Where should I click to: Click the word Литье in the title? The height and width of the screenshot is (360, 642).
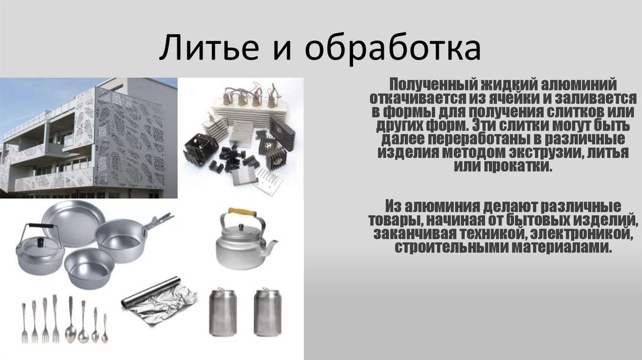pyautogui.click(x=209, y=48)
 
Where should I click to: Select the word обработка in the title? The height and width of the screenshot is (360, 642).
pyautogui.click(x=392, y=48)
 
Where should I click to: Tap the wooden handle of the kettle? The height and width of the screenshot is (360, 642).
pyautogui.click(x=242, y=212)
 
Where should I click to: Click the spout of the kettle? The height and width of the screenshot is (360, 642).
pyautogui.click(x=271, y=246)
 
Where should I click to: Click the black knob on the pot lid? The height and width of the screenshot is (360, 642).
pyautogui.click(x=41, y=243)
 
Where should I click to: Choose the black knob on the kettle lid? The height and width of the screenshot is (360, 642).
pyautogui.click(x=241, y=227)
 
